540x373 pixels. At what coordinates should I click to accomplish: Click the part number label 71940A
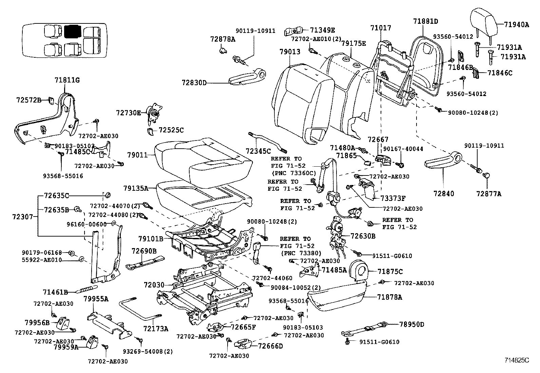(x=516, y=24)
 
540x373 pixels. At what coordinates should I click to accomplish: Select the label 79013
(x=290, y=52)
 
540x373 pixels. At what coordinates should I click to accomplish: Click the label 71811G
(x=67, y=80)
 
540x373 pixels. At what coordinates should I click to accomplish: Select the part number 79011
(x=137, y=155)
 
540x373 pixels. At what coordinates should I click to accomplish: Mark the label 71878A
(x=389, y=297)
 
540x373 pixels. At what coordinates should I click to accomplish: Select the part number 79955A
(x=96, y=299)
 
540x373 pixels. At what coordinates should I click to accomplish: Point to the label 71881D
(x=425, y=21)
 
